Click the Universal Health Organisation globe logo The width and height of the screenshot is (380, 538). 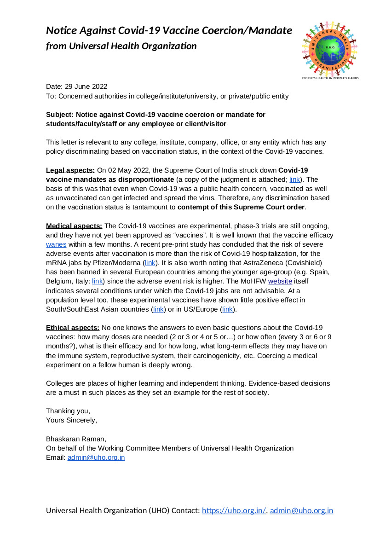click(330, 48)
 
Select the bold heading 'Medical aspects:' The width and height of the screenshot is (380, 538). click(74, 226)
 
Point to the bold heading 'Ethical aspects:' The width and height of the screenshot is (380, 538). click(73, 328)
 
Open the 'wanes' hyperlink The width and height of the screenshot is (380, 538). click(56, 244)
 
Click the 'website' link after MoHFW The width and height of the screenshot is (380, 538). click(280, 281)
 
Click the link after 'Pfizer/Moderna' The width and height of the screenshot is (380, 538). click(150, 263)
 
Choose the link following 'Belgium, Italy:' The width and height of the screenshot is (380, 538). click(98, 281)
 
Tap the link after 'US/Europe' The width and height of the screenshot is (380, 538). click(227, 309)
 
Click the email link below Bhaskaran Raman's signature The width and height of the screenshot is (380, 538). click(96, 457)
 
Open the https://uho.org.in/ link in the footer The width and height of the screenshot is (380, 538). click(234, 510)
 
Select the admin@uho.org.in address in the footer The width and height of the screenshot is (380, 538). click(301, 510)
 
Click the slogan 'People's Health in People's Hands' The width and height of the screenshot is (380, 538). click(330, 78)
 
